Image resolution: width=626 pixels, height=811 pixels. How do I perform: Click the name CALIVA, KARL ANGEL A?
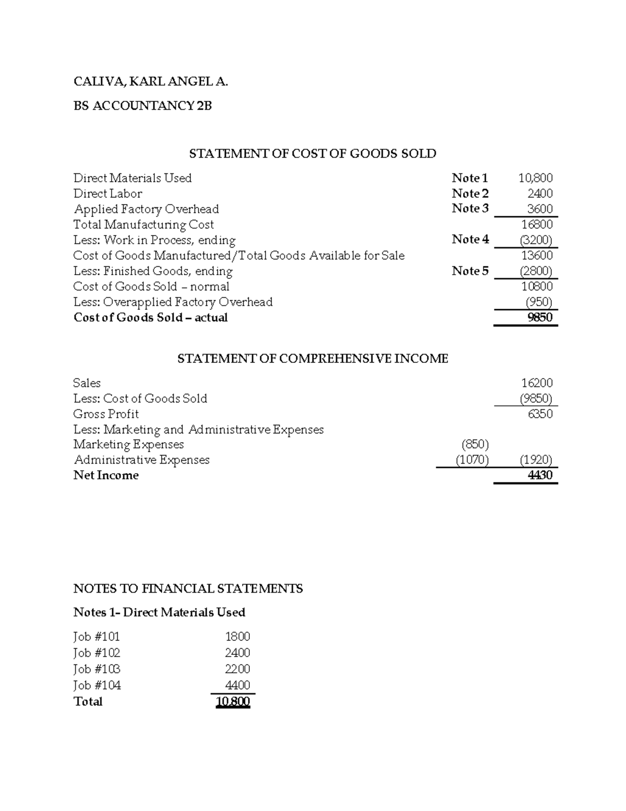click(151, 81)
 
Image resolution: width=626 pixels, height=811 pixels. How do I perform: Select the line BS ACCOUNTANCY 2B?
click(142, 106)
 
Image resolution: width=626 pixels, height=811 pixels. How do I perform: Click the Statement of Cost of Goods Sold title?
click(312, 154)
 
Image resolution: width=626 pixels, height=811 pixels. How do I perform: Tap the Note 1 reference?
click(469, 178)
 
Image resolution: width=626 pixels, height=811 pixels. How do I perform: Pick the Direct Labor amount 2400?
click(540, 194)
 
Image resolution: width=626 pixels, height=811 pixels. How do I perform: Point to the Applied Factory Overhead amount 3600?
click(540, 209)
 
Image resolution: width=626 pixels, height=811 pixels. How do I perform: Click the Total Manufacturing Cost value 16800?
click(537, 225)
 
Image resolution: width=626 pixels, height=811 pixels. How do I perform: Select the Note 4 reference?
click(470, 239)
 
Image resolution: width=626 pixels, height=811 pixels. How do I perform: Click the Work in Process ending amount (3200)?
click(536, 240)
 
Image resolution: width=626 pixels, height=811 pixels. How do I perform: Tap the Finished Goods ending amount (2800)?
click(536, 271)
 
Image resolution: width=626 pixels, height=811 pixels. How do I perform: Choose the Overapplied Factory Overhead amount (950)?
click(538, 302)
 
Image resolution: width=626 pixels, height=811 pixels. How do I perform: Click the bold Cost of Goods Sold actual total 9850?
click(540, 318)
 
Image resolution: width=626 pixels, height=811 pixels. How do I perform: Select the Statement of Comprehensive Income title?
click(312, 359)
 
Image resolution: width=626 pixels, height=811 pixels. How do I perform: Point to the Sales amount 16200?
click(537, 383)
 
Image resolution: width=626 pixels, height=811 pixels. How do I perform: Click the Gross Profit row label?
click(106, 414)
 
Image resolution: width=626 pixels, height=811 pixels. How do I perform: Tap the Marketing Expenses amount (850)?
click(475, 444)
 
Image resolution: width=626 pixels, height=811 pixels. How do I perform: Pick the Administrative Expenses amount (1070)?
click(472, 460)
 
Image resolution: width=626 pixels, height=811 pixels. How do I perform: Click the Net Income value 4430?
click(540, 475)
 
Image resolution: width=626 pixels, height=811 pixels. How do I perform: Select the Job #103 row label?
click(97, 669)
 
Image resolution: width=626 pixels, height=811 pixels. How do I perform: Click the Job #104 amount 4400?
click(237, 685)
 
